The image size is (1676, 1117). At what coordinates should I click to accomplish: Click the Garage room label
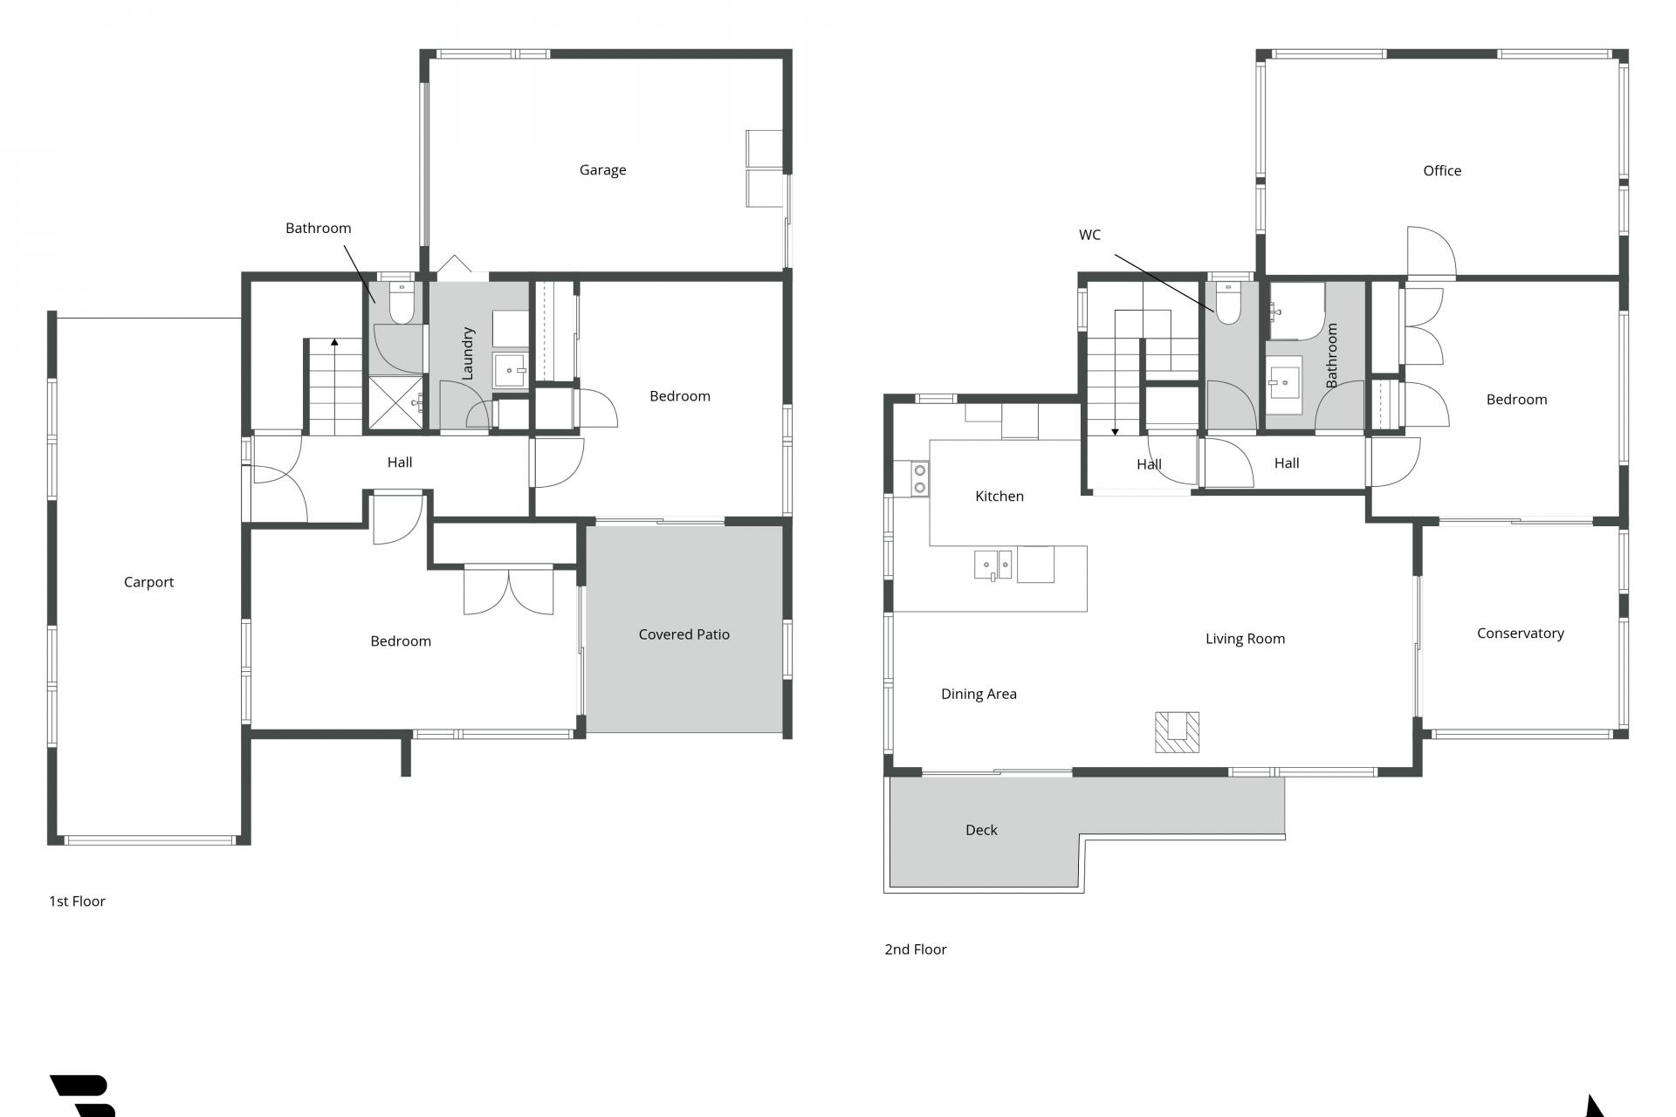click(602, 170)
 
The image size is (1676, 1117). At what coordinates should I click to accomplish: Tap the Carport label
click(148, 582)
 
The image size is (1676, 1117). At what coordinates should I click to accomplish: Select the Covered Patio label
click(683, 634)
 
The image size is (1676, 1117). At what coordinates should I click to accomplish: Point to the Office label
click(1442, 171)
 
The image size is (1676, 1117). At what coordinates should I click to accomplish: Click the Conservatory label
click(1520, 634)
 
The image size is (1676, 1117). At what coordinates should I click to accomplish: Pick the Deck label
click(981, 830)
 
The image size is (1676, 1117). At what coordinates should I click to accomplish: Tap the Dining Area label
click(979, 695)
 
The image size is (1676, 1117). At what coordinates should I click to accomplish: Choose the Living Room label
click(1245, 639)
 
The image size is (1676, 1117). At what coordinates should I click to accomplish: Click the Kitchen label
click(999, 497)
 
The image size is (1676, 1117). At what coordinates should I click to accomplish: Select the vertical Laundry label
click(467, 353)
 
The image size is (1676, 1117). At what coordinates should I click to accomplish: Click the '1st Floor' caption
click(77, 901)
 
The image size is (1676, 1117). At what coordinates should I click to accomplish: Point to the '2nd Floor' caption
click(915, 949)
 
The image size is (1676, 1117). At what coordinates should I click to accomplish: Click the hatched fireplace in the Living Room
click(1177, 731)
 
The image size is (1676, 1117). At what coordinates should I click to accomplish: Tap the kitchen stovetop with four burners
click(919, 479)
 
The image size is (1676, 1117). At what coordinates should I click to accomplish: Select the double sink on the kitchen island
click(993, 565)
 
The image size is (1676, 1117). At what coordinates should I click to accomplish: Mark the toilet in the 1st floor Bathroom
click(402, 303)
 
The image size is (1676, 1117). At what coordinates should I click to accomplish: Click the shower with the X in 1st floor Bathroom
click(395, 402)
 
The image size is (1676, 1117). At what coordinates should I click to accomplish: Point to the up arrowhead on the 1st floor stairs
click(334, 342)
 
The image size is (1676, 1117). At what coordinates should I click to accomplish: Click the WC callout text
click(1089, 235)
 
